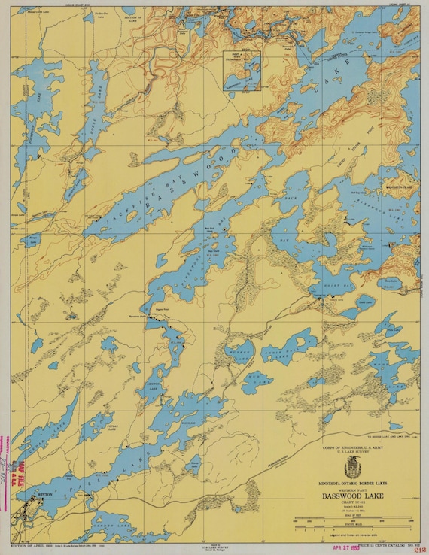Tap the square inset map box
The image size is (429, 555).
click(x=241, y=70)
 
